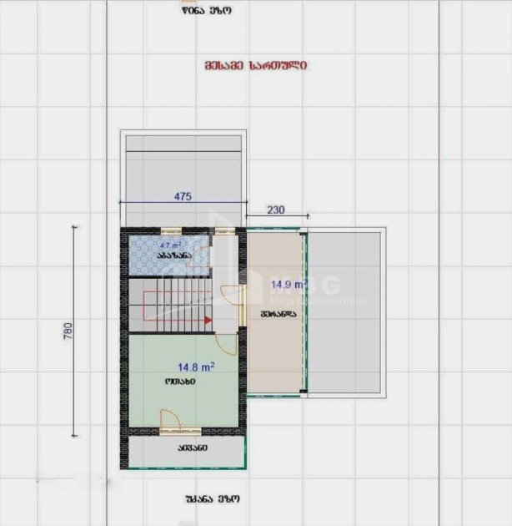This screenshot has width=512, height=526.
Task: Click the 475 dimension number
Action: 183,197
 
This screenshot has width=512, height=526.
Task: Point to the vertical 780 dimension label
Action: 68,331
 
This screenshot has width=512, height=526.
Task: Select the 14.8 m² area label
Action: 196,367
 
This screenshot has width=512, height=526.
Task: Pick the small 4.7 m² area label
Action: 171,245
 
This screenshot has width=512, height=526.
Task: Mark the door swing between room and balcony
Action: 169,422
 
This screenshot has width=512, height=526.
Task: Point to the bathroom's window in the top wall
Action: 171,230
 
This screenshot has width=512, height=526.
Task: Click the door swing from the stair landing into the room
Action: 226,344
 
